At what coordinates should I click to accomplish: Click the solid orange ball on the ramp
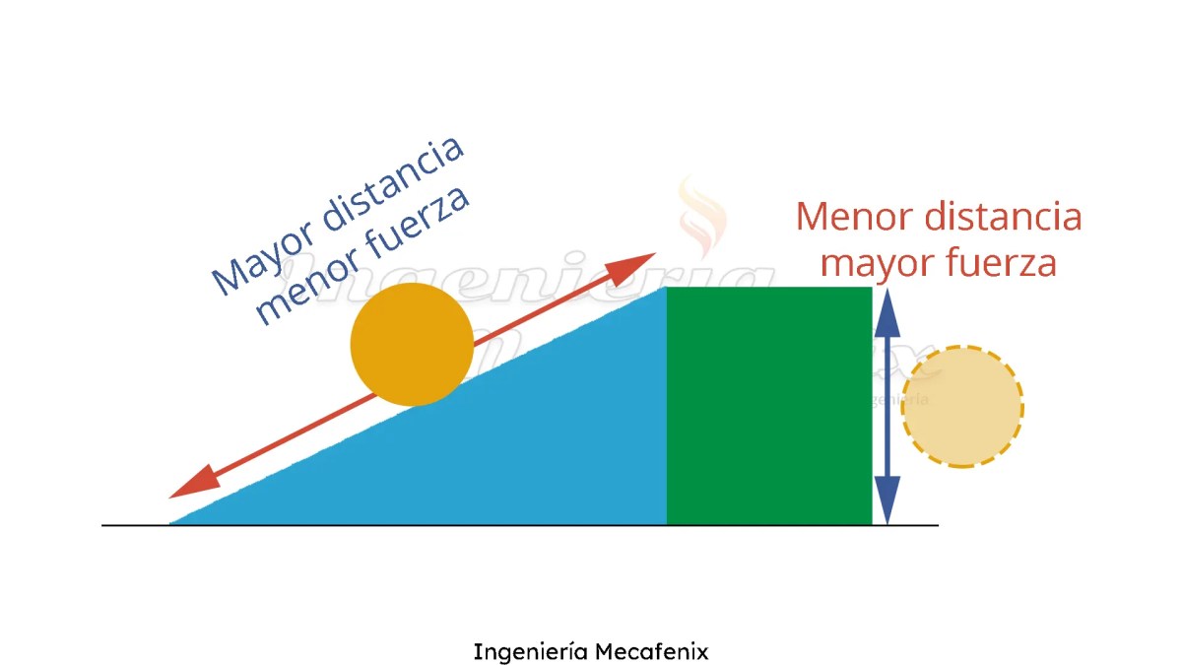click(412, 344)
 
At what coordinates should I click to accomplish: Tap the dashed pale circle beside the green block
click(962, 406)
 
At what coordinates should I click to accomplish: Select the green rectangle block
click(769, 405)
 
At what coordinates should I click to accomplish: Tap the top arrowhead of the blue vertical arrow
click(887, 311)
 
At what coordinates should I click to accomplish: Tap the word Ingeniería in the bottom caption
click(531, 652)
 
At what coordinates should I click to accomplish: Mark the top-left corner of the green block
click(668, 288)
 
